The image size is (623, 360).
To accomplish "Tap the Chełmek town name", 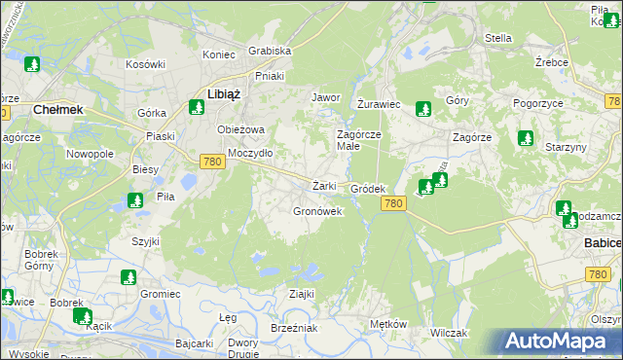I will point(48,110).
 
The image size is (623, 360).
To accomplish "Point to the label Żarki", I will point(324,186).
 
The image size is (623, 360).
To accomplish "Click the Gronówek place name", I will point(317,211).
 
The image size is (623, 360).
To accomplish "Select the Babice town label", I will point(603,241).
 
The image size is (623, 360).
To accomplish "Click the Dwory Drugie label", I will point(242,348).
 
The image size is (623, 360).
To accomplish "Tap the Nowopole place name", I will point(90,154).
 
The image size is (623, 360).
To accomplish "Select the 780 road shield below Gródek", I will point(392,202).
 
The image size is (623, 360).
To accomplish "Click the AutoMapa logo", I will point(561,342).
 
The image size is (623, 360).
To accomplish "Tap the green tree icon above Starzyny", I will point(526,138).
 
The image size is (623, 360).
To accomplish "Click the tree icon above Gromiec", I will point(128,278).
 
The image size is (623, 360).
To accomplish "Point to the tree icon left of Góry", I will point(421,109).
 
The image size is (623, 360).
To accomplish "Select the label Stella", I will point(498,38).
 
